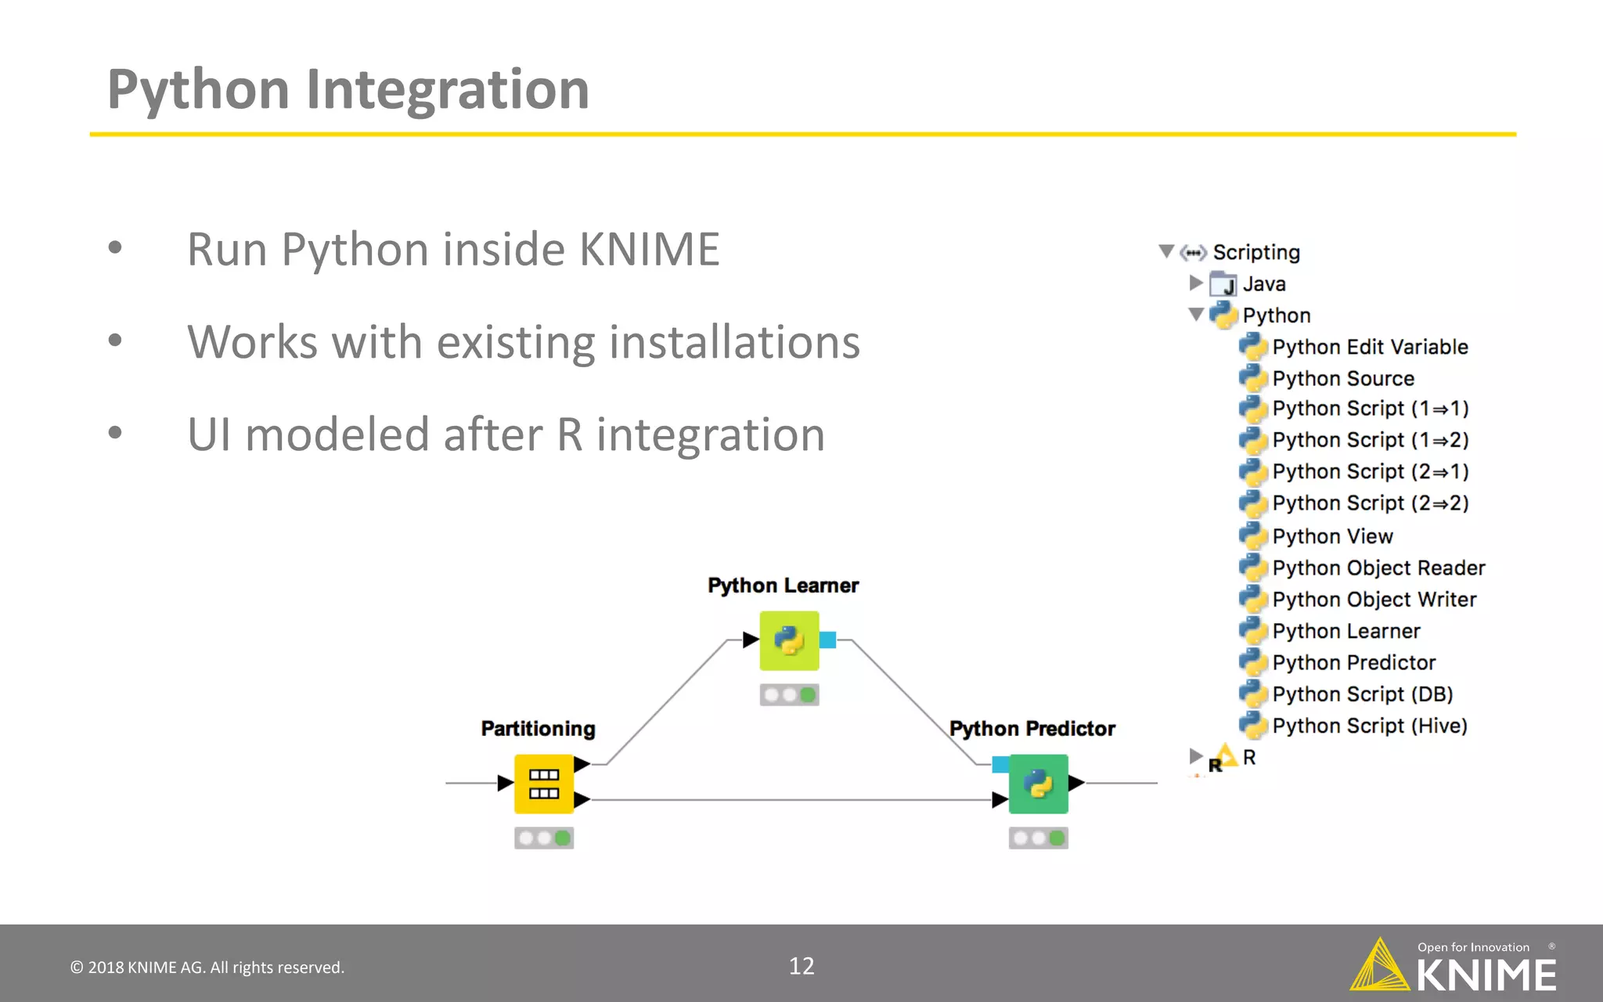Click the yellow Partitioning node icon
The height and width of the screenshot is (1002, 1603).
543,784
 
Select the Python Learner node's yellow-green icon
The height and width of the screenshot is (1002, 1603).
789,640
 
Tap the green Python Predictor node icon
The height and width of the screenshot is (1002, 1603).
1038,784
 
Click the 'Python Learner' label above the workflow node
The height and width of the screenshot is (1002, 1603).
783,586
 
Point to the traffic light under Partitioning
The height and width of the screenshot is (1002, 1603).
543,838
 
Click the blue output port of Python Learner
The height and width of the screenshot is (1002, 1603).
828,640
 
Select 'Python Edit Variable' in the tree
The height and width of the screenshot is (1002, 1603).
1369,347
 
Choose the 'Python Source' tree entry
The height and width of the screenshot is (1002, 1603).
1342,378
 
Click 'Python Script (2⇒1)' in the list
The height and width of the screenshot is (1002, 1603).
1370,471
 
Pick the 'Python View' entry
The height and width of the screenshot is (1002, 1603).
1332,536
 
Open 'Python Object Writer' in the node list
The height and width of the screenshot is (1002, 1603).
1374,600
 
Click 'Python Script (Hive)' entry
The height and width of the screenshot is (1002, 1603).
1369,726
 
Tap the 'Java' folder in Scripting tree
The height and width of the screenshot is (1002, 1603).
1263,284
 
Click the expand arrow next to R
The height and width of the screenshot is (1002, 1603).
1195,756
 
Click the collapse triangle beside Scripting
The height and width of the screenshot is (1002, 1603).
1166,251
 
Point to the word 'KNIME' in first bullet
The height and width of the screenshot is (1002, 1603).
649,250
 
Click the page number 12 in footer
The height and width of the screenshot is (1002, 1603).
801,966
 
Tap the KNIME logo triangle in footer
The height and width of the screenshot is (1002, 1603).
1380,966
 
